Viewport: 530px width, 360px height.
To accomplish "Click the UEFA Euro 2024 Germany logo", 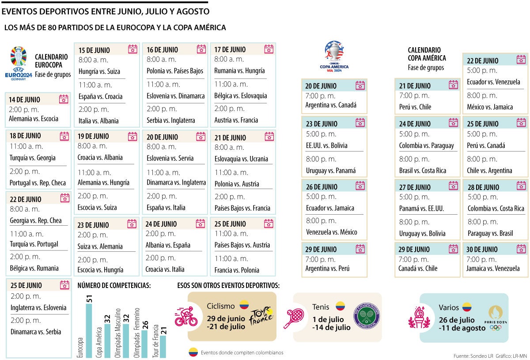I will [19, 64].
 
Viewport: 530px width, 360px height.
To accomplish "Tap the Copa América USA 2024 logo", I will [334, 57].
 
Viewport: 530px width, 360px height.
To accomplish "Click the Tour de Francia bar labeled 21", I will [163, 347].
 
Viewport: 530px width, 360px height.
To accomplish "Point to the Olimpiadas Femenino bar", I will [144, 344].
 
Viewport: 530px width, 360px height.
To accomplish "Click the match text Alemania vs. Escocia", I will [34, 118].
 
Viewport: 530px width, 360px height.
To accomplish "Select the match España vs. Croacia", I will [101, 96].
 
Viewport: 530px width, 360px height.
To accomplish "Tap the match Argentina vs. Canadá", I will [331, 105].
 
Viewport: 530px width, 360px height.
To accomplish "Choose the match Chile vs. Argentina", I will [489, 171].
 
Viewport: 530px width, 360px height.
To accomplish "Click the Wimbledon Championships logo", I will [366, 316].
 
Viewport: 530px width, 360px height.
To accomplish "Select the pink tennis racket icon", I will [293, 318].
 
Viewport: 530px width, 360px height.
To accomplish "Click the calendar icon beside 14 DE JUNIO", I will [64, 99].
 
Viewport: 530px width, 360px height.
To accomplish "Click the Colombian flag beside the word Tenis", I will [340, 306].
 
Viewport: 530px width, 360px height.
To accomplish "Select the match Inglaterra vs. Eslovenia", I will [38, 307].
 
